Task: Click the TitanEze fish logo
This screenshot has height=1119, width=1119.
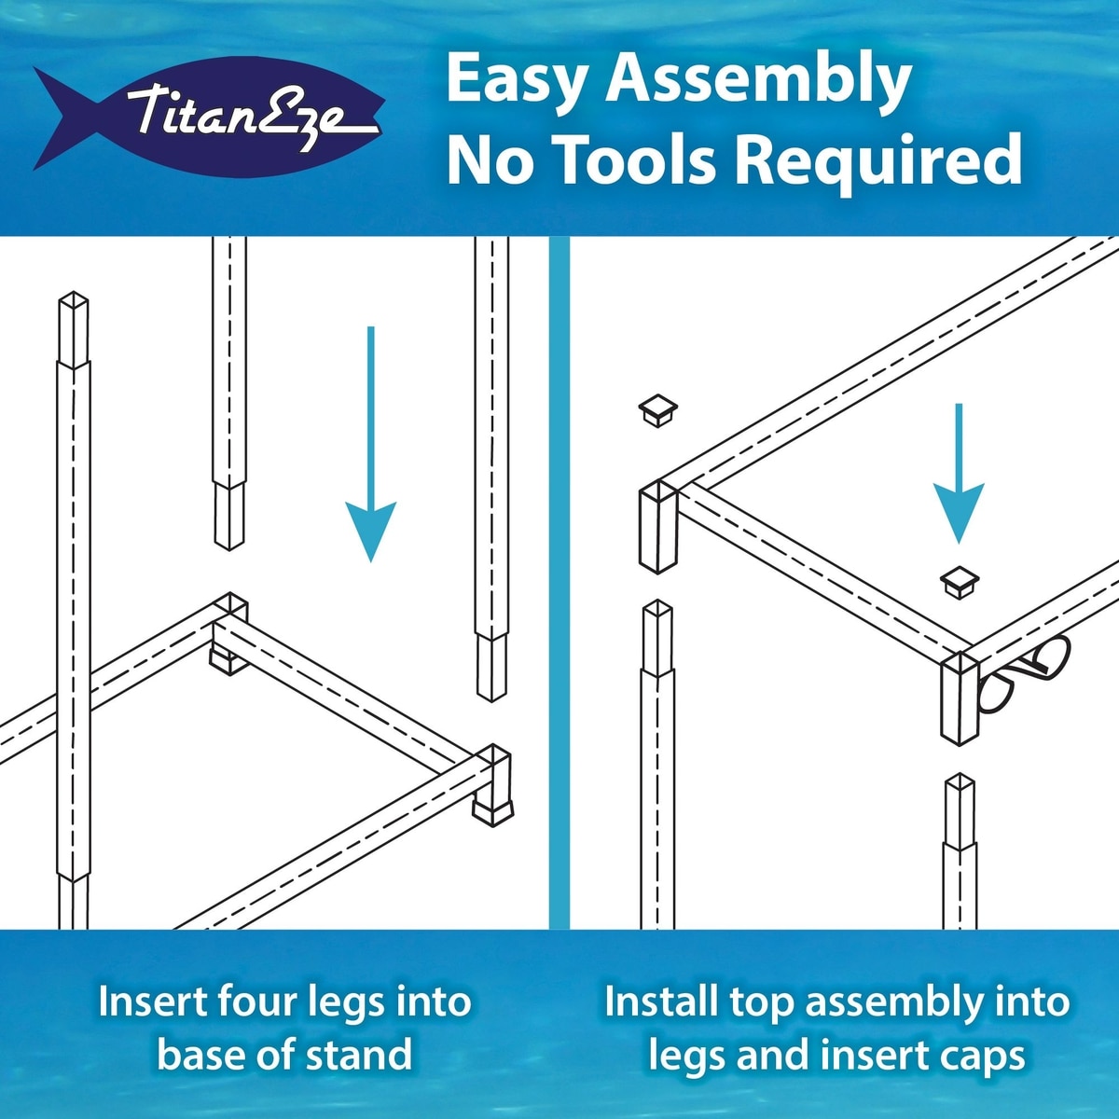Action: click(x=209, y=117)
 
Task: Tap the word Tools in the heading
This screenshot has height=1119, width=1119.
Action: click(x=637, y=159)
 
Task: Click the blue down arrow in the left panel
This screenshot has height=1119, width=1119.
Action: click(x=370, y=444)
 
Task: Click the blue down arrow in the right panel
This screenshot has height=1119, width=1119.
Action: click(x=959, y=474)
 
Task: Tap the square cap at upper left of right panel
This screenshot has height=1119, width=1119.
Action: click(x=658, y=410)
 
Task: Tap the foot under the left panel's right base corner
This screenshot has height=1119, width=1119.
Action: click(x=493, y=813)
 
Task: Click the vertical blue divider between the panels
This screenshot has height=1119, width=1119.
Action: click(x=559, y=583)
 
